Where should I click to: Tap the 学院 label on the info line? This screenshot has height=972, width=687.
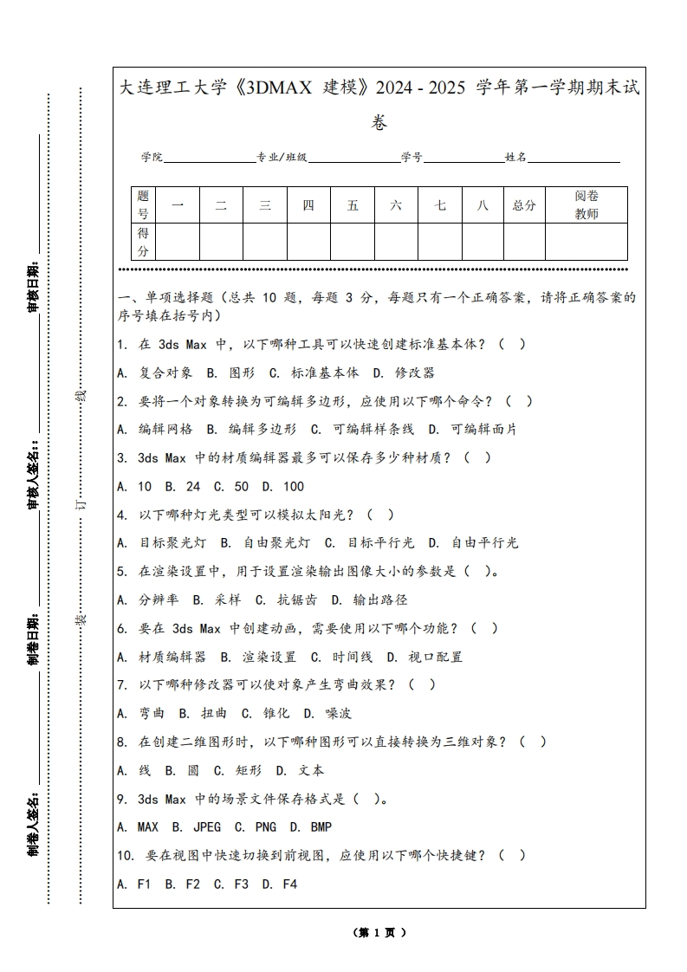pyautogui.click(x=152, y=158)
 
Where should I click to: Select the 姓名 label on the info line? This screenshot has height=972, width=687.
pyautogui.click(x=515, y=158)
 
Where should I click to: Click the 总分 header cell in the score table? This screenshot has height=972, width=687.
pyautogui.click(x=524, y=205)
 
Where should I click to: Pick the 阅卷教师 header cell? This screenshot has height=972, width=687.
pyautogui.click(x=587, y=205)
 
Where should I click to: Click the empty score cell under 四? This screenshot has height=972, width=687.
pyautogui.click(x=308, y=242)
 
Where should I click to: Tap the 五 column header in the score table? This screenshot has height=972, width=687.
pyautogui.click(x=353, y=205)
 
